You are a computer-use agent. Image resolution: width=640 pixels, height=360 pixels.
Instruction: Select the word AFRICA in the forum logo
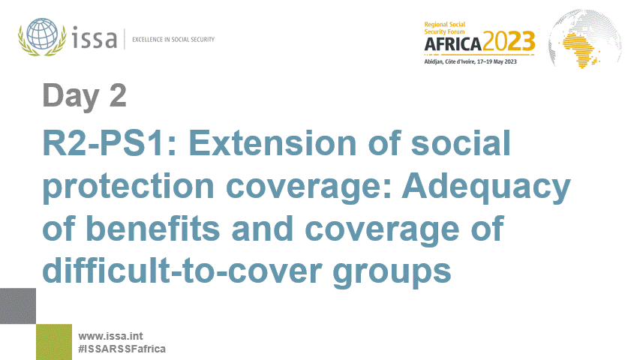[454, 43]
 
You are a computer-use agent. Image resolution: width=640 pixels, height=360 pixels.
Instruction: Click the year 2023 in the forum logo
[510, 41]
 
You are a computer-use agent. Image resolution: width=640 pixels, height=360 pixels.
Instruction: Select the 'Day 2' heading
[84, 96]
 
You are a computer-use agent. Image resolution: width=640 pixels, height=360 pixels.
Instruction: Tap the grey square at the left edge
[18, 305]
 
